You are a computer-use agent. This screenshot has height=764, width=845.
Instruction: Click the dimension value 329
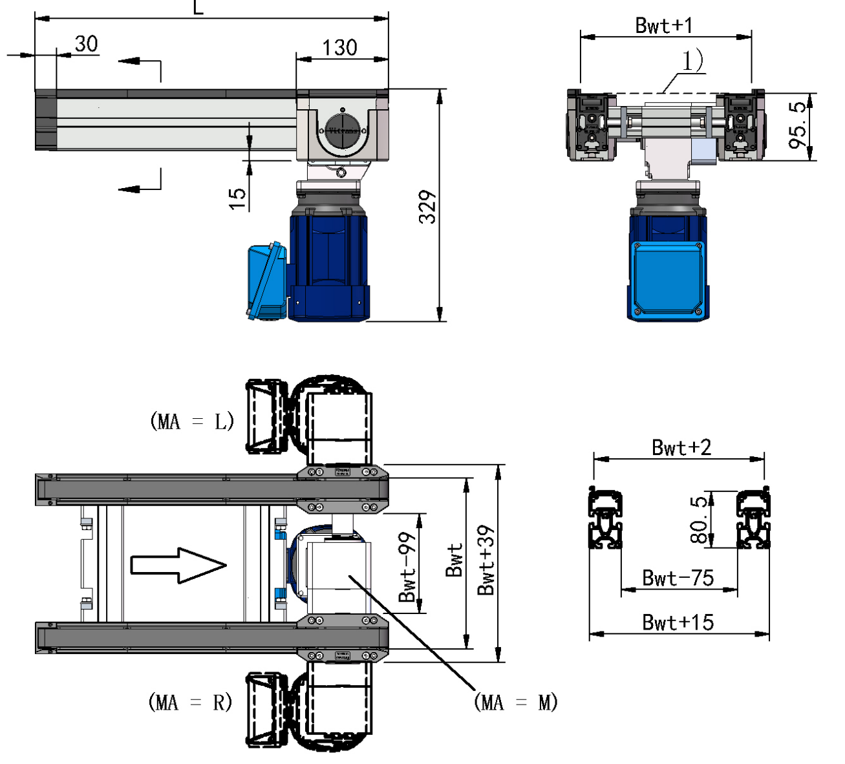[427, 207]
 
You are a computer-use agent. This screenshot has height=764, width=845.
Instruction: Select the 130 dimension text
[339, 47]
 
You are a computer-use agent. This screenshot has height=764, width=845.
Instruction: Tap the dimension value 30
[86, 44]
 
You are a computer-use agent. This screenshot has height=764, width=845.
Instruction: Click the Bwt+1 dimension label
[664, 25]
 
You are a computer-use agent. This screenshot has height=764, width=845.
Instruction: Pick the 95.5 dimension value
[799, 125]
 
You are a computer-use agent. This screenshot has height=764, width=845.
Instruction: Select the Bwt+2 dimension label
[681, 447]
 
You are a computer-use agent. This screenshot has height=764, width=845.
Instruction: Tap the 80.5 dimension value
[699, 520]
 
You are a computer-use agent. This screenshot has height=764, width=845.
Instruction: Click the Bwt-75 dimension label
[678, 578]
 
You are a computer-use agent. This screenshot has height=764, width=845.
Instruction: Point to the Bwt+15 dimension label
[678, 622]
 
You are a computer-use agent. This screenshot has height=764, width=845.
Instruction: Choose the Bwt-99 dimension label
[407, 568]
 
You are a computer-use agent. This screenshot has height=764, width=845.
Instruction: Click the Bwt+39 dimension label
[486, 560]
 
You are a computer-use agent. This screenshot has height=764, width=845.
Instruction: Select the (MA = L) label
[191, 421]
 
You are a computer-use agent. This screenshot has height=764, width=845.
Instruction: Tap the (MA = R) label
[190, 702]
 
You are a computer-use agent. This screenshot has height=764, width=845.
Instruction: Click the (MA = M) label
[515, 703]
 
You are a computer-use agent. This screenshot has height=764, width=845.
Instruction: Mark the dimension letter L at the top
[198, 8]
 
